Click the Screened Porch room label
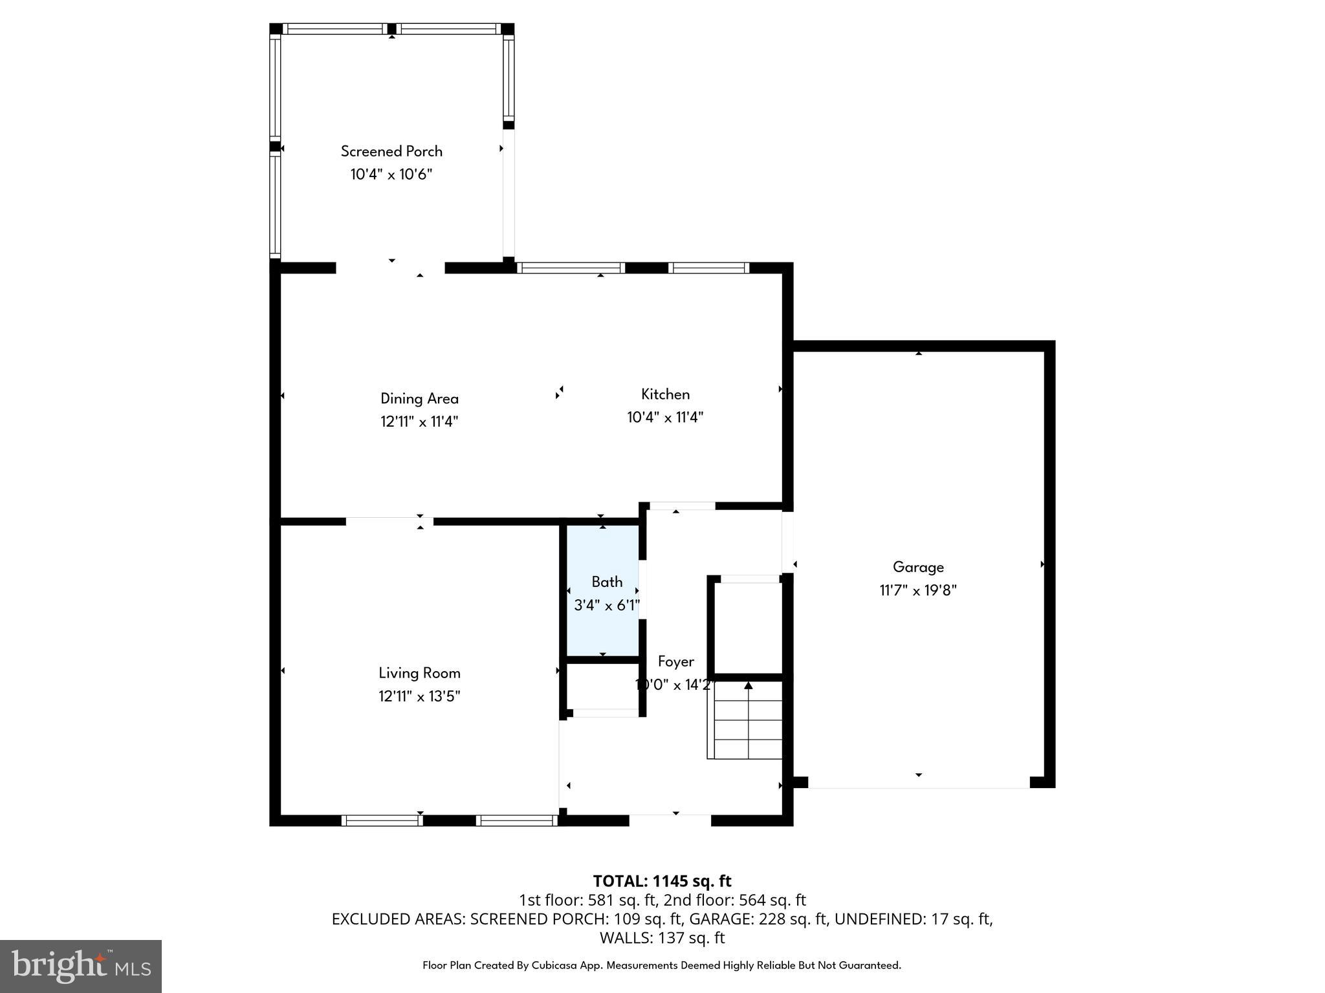click(391, 151)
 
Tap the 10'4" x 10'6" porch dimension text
click(391, 175)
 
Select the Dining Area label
click(419, 399)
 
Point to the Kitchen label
click(665, 394)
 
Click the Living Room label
click(419, 673)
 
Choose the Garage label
click(918, 567)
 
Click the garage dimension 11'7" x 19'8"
click(918, 590)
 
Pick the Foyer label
click(675, 661)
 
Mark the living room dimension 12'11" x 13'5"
click(419, 696)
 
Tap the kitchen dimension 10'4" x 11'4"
click(665, 418)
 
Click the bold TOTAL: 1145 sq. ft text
click(662, 881)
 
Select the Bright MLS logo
click(81, 966)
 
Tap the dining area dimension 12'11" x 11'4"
click(419, 422)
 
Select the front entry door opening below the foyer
click(670, 819)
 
